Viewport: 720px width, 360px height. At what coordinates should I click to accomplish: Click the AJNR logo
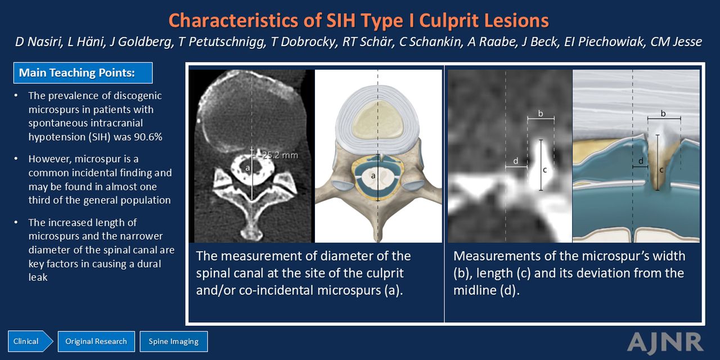coord(665,343)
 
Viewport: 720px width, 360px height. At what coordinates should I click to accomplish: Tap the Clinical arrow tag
coord(30,341)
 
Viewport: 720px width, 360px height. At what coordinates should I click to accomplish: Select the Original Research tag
coord(96,341)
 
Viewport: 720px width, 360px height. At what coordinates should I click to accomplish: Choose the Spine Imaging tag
coord(174,341)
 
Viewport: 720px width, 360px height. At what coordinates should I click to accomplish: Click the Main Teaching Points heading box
coord(83,73)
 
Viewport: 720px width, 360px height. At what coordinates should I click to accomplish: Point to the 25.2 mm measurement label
coord(280,155)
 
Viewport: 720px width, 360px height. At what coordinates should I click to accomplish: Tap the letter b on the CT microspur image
coord(541,113)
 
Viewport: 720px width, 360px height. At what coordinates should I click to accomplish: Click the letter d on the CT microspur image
coord(516,161)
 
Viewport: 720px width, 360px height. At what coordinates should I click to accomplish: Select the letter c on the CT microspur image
coord(545,170)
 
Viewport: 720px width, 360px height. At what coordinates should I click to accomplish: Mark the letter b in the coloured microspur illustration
coord(663,113)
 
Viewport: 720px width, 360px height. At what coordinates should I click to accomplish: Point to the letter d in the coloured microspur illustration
coord(641,161)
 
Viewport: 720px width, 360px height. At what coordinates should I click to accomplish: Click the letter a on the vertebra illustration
coord(373,176)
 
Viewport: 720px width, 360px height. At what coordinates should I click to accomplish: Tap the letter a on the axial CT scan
coord(247,168)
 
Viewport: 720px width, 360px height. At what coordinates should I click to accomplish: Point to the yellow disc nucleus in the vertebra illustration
coord(377,119)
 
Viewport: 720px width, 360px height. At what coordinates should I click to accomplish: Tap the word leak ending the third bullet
coord(38,277)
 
